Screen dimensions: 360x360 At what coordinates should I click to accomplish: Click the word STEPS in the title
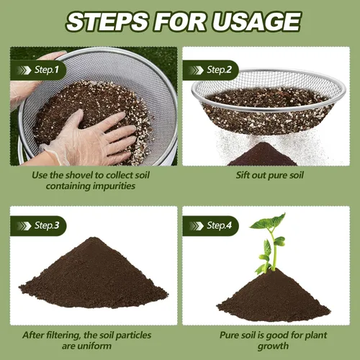(107, 22)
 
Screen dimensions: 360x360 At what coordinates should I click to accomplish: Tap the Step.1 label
(47, 70)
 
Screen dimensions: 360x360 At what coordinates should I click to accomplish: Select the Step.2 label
(219, 70)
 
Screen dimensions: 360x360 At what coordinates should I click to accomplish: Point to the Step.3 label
(47, 225)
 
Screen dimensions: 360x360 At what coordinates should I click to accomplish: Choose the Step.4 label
(219, 225)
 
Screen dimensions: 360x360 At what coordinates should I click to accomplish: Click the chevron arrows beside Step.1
(24, 71)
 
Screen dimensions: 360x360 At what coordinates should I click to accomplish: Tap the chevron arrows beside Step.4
(197, 226)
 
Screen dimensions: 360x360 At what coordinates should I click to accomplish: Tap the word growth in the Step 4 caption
(273, 346)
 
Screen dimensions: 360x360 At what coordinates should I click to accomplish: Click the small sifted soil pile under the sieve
(262, 155)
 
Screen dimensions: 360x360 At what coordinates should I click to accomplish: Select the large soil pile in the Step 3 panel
(94, 275)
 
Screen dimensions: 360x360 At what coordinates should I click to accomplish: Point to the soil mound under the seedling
(273, 297)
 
